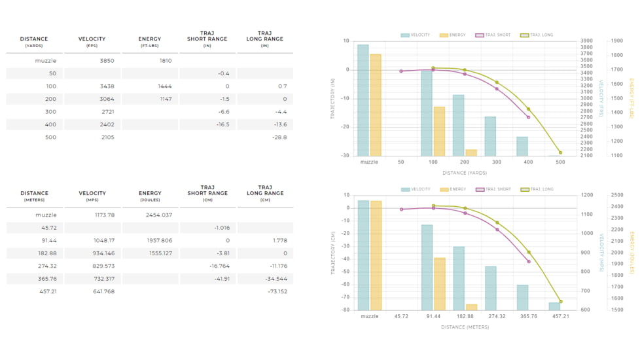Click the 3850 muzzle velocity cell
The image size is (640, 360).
coord(107,61)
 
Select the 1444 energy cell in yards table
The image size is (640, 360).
coord(164,86)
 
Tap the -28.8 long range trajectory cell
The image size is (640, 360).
coord(279,137)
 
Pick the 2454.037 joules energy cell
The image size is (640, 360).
coord(159,215)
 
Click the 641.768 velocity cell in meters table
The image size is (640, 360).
coord(103,291)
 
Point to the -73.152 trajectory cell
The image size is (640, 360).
coord(277,291)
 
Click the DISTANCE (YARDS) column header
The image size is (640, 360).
coord(34,42)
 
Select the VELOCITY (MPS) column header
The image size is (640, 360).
coord(92,196)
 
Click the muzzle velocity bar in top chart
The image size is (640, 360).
coord(363,100)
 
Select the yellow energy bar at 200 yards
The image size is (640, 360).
coord(471,153)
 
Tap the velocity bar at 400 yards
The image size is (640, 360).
coord(522,146)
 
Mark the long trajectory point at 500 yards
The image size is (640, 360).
coord(560,153)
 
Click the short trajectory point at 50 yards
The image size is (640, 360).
coord(401,71)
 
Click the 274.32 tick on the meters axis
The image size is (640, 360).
coord(497,316)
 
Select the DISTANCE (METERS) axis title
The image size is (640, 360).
coord(465,327)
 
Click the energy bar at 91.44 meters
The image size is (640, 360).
coord(439,283)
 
